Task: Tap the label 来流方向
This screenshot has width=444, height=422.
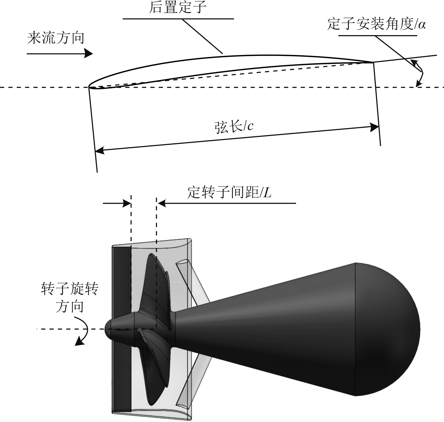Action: pyautogui.click(x=56, y=38)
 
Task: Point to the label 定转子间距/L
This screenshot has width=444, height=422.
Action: pyautogui.click(x=229, y=193)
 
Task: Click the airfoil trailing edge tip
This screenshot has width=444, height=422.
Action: pyautogui.click(x=373, y=62)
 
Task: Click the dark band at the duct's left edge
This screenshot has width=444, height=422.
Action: pyautogui.click(x=122, y=326)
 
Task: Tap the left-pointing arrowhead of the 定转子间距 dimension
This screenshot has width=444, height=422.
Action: pyautogui.click(x=162, y=203)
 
